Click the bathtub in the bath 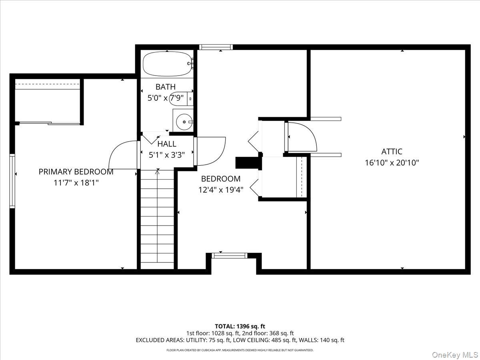tap(168, 64)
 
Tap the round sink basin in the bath tap(184, 122)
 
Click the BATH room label tap(166, 87)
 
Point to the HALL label tap(167, 144)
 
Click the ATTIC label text tap(392, 152)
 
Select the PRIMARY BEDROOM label tap(76, 172)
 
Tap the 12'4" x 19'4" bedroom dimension tap(221, 190)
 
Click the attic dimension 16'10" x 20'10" tap(392, 163)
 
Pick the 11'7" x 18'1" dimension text tap(76, 182)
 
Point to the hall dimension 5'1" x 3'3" tap(167, 155)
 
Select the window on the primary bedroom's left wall tap(12, 181)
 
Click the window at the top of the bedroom tap(216, 47)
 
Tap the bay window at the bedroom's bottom tap(230, 256)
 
